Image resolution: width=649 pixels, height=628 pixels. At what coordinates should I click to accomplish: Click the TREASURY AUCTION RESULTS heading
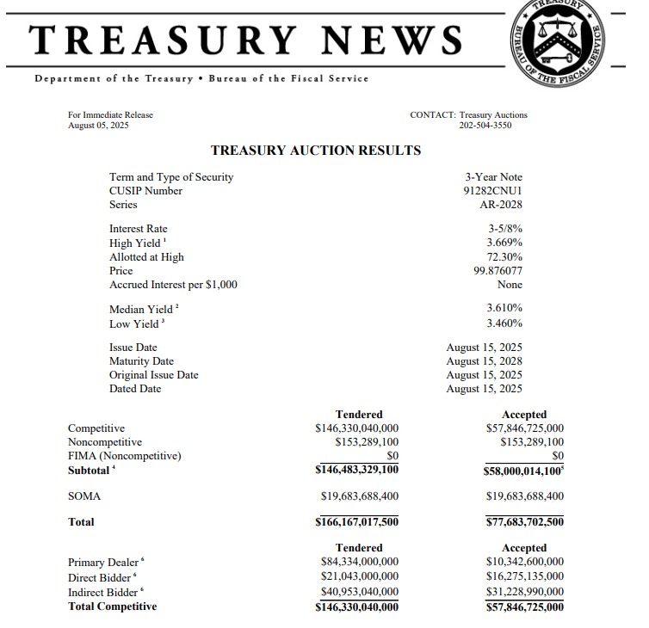pos(316,151)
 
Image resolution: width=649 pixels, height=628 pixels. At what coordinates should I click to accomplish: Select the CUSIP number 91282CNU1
pos(492,191)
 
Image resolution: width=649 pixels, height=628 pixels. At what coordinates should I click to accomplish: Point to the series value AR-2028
pos(501,205)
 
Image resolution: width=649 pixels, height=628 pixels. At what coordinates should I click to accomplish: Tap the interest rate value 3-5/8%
pos(505,229)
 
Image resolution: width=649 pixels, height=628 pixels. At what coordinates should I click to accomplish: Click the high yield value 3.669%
pos(504,243)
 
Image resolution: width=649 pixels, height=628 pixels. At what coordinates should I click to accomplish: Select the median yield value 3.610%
pos(504,308)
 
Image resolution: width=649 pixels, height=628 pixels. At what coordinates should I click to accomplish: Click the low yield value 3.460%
pos(504,323)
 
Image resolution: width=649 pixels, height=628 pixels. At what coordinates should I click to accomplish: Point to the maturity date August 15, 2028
pos(484,361)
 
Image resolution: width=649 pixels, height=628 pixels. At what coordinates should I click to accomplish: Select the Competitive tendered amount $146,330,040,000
pos(357,428)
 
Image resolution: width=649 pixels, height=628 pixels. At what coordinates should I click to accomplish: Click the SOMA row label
pos(84,496)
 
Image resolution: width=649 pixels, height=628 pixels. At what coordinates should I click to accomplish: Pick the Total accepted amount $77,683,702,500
pos(523,522)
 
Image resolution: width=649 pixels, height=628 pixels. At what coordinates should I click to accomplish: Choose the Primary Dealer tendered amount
pos(360,563)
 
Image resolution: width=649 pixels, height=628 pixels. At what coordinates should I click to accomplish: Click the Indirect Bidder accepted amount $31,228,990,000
pos(523,591)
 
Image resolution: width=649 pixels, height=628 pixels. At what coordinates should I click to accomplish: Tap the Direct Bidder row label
pos(100,577)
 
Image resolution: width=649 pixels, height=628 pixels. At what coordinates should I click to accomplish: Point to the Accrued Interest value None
pos(510,284)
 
